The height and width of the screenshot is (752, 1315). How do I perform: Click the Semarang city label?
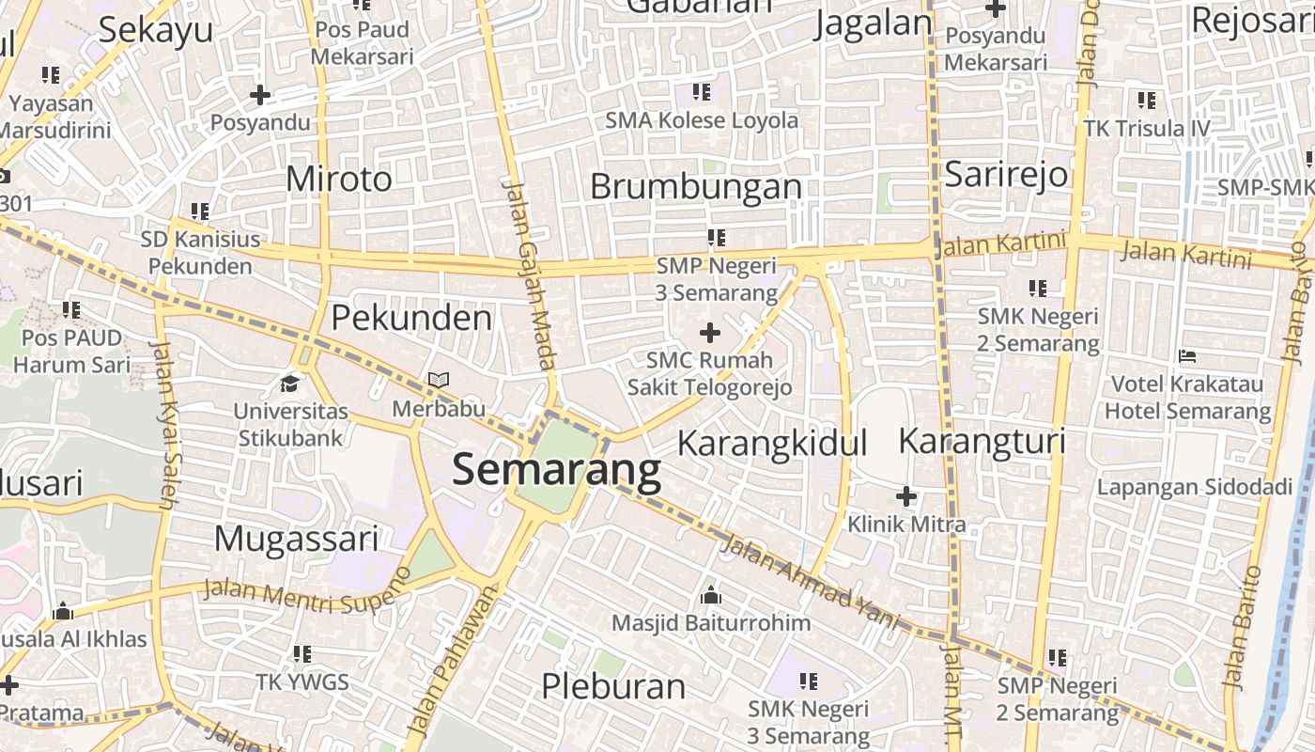pyautogui.click(x=556, y=470)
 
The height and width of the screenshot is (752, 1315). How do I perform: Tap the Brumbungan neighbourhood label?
pyautogui.click(x=696, y=186)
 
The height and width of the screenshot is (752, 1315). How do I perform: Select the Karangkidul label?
pyautogui.click(x=771, y=442)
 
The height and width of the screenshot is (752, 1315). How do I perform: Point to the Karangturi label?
pyautogui.click(x=982, y=440)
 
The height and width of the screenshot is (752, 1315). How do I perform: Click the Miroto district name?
pyautogui.click(x=338, y=178)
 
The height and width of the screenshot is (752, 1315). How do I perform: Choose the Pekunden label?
pyautogui.click(x=411, y=318)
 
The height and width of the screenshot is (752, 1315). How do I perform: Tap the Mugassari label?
pyautogui.click(x=296, y=539)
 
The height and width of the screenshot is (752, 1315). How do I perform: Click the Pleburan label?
pyautogui.click(x=613, y=685)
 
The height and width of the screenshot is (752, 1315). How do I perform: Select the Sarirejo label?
pyautogui.click(x=1006, y=174)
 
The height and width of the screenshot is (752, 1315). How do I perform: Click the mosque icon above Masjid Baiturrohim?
pyautogui.click(x=711, y=595)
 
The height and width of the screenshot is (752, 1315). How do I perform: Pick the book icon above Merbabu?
pyautogui.click(x=439, y=381)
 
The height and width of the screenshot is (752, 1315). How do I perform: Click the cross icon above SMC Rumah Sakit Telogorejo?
pyautogui.click(x=710, y=332)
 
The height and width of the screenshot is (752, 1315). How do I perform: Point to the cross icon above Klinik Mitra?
pyautogui.click(x=905, y=495)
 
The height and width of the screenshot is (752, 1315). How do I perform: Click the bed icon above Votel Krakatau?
pyautogui.click(x=1187, y=356)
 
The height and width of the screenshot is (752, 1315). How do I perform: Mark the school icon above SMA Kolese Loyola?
pyautogui.click(x=702, y=92)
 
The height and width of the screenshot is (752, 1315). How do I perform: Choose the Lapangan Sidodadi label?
pyautogui.click(x=1194, y=486)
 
